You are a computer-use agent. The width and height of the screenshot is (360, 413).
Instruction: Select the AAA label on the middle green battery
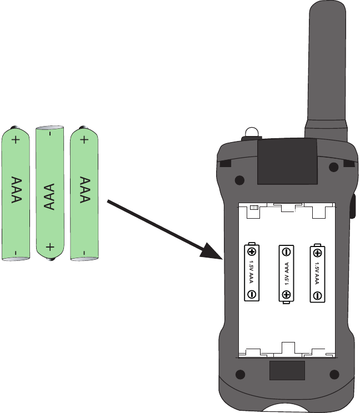pyautogui.click(x=50, y=197)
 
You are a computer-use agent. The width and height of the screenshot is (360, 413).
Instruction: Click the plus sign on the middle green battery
pyautogui.click(x=50, y=246)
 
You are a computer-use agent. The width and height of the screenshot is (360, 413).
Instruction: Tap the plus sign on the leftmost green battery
pyautogui.click(x=16, y=140)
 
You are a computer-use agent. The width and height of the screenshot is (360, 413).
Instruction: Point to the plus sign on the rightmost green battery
pyautogui.click(x=84, y=140)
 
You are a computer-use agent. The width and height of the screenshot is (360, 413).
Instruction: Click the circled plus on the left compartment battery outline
pyautogui.click(x=252, y=251)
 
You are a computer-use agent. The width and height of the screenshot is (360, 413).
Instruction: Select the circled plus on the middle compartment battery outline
pyautogui.click(x=286, y=294)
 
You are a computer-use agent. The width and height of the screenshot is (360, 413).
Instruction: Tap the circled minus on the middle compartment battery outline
pyautogui.click(x=286, y=251)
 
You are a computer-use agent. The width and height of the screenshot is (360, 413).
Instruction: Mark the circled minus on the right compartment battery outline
pyautogui.click(x=317, y=295)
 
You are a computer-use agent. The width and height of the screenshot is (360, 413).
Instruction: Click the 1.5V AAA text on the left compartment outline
pyautogui.click(x=252, y=272)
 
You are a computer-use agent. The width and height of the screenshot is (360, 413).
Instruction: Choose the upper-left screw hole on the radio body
pyautogui.click(x=239, y=180)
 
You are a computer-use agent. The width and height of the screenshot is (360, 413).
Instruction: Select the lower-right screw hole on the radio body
pyautogui.click(x=334, y=373)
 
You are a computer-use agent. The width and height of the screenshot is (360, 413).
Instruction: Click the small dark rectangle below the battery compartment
pyautogui.click(x=287, y=370)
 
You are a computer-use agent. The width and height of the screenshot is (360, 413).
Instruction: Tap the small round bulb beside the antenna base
pyautogui.click(x=252, y=132)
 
